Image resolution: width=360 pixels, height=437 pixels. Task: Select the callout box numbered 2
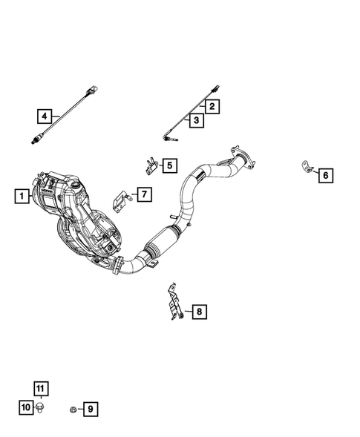click(x=212, y=107)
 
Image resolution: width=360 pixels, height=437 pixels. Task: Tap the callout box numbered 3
click(x=197, y=119)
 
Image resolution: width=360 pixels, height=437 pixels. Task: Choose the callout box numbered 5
click(x=169, y=165)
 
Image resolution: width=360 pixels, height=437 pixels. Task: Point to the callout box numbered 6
click(x=325, y=175)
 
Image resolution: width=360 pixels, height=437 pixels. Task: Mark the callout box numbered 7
click(x=143, y=194)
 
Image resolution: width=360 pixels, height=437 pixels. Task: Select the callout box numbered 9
click(x=89, y=408)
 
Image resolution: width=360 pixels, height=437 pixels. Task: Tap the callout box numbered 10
click(x=25, y=407)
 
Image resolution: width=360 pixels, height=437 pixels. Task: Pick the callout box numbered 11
click(x=40, y=388)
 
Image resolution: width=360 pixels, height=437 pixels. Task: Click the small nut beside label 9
click(x=71, y=408)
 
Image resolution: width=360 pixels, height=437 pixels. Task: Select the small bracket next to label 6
click(x=305, y=168)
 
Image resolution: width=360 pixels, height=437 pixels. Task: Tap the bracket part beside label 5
click(x=149, y=163)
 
